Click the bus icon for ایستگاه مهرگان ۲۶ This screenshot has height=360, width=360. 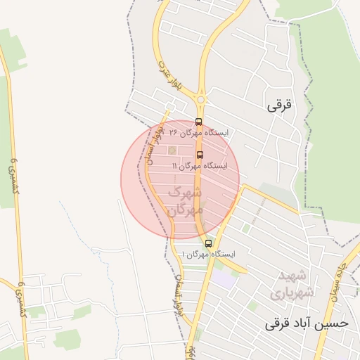[198, 122]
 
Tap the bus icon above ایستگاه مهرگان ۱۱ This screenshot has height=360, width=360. [200, 155]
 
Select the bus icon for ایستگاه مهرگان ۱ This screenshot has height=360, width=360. [208, 243]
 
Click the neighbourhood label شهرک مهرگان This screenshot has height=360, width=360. [185, 200]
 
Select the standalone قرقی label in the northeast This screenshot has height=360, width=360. [278, 106]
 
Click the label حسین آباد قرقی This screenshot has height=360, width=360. [307, 324]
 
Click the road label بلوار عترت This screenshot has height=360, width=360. [164, 79]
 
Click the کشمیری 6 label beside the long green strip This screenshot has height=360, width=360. [12, 172]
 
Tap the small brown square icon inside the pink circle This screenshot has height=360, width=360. [172, 150]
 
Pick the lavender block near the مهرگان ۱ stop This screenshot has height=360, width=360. [224, 278]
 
